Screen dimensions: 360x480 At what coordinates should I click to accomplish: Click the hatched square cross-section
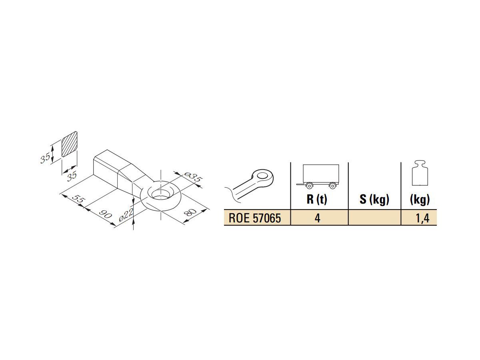pos(69,145)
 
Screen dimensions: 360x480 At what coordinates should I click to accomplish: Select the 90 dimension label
pos(105,214)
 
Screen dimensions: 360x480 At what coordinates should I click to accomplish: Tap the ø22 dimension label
pos(126,216)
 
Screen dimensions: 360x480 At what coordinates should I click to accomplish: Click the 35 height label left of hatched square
pos(45,159)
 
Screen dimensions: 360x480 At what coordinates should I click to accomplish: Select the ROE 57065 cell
pos(255,218)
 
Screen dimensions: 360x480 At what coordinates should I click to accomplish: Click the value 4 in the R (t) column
pos(317,218)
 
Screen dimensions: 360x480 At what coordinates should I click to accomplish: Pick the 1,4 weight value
pos(420,218)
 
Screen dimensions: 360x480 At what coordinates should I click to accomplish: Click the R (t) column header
pos(317,199)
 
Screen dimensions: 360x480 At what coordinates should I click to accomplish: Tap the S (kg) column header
pos(374,199)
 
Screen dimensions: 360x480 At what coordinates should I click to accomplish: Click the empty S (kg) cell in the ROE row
pos(374,218)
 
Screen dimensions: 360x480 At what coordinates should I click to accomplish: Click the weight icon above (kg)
pos(420,173)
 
